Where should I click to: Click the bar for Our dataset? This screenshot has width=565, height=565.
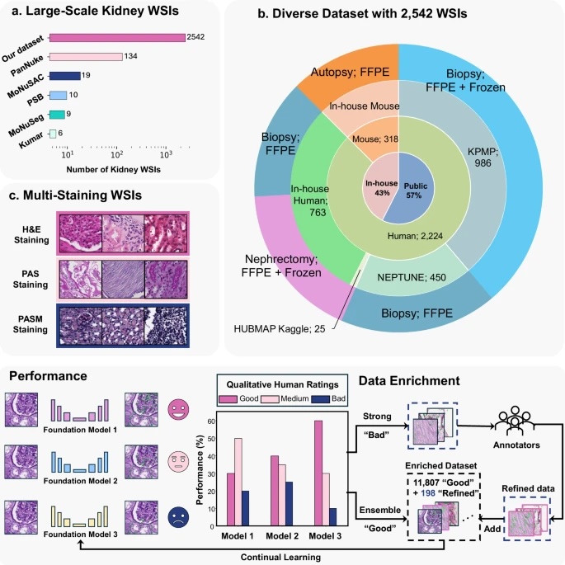click(117, 38)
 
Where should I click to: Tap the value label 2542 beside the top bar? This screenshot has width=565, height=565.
click(196, 38)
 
